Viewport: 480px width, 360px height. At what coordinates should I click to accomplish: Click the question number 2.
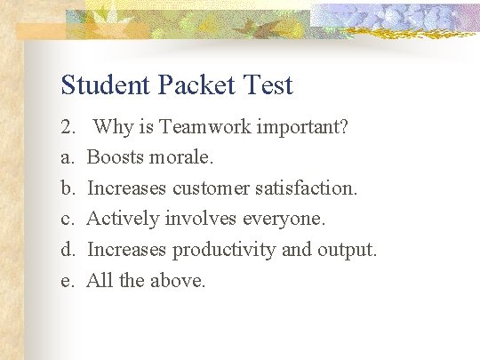68,127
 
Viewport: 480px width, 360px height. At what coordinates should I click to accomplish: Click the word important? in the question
302,128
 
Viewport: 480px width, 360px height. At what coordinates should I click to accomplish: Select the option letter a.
66,158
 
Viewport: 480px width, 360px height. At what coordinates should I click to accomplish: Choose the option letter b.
67,188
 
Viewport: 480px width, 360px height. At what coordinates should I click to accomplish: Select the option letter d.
67,250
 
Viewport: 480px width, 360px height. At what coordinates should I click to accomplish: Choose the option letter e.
66,281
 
